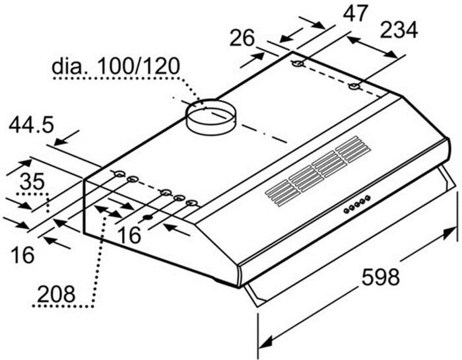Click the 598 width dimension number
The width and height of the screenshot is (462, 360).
pos(381,277)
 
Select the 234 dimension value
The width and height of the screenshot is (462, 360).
pos(399,30)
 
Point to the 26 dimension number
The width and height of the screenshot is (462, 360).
pos(242,38)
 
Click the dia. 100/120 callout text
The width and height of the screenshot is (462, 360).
pos(115,67)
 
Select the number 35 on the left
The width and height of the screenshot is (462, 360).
pos(32,181)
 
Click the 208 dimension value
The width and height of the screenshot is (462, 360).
pos(55,291)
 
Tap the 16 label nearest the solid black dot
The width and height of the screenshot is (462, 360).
pos(130,234)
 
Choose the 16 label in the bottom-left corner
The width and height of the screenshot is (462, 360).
pos(23,254)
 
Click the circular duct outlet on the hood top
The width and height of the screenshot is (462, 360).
pos(211,115)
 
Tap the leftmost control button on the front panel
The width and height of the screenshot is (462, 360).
pos(345,211)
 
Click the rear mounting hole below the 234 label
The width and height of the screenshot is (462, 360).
pos(355,87)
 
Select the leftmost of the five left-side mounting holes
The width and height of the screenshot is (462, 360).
pos(118,174)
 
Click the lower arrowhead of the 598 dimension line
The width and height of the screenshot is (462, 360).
pos(265,344)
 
